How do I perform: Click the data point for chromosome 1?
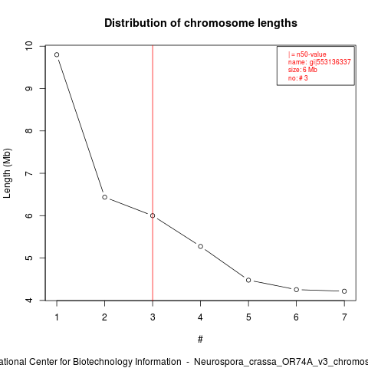[x=57, y=54]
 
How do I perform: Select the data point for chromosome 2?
[x=104, y=197]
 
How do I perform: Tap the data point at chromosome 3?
[x=153, y=215]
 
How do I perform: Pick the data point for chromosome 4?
[x=201, y=246]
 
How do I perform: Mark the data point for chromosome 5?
[x=248, y=280]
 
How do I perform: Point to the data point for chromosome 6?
[x=297, y=290]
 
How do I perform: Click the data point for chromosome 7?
[x=344, y=291]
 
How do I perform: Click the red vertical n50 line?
[x=153, y=173]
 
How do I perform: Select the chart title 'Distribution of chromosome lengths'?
[x=201, y=23]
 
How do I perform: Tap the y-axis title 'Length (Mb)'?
[x=7, y=173]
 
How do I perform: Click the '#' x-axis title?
[x=200, y=340]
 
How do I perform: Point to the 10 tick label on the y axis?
[x=29, y=46]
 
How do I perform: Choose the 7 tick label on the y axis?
[x=29, y=173]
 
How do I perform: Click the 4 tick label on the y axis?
[x=29, y=301]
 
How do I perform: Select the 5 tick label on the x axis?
[x=248, y=317]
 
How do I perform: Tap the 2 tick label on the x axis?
[x=104, y=317]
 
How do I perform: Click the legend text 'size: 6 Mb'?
[x=303, y=70]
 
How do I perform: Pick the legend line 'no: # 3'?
[x=298, y=78]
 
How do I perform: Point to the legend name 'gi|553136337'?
[x=330, y=62]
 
